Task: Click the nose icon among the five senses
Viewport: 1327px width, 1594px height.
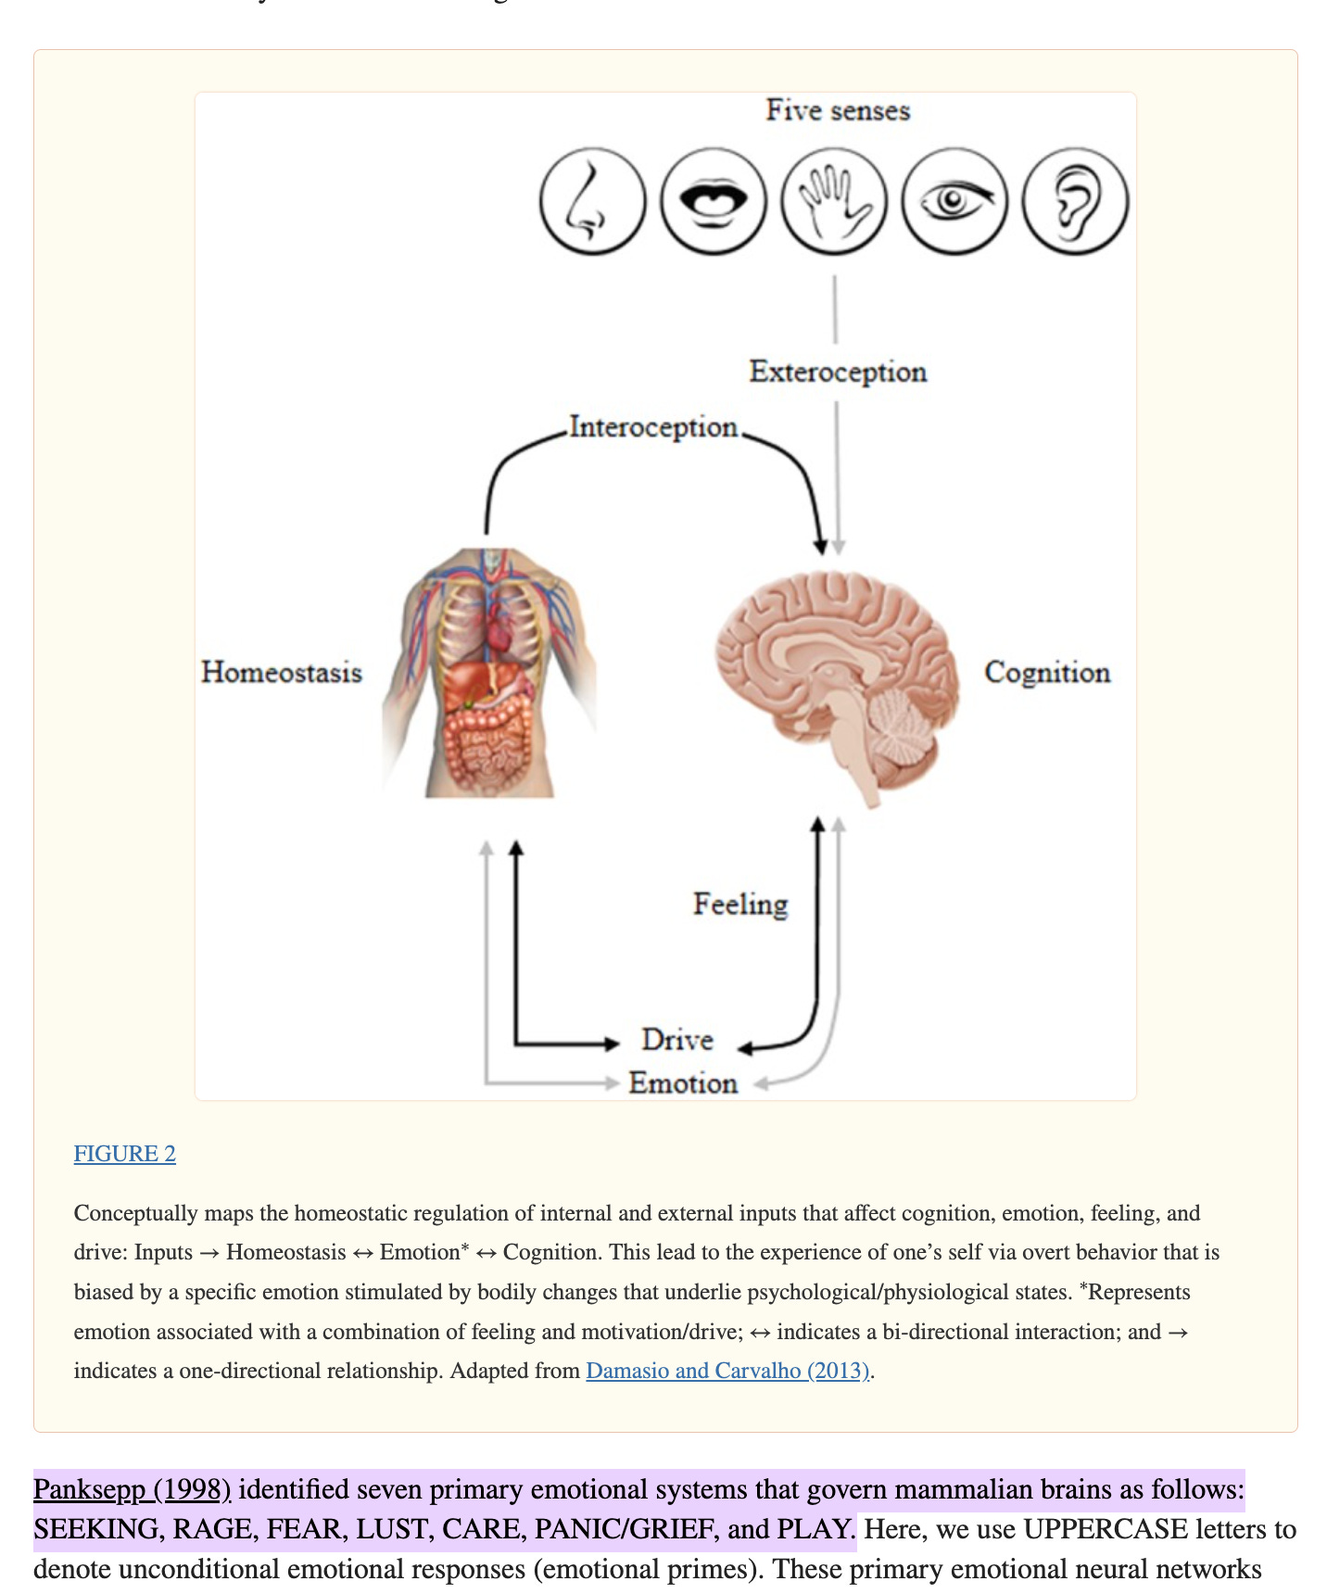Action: click(x=592, y=200)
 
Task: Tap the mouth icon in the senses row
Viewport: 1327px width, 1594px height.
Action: click(x=714, y=200)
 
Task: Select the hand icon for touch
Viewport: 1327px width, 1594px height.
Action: click(x=834, y=200)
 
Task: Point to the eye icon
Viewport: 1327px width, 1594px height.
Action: click(x=954, y=200)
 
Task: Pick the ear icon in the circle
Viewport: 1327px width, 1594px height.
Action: click(x=1075, y=200)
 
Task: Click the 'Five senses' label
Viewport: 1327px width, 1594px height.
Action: click(x=838, y=110)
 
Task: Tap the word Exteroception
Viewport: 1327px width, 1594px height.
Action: click(x=838, y=372)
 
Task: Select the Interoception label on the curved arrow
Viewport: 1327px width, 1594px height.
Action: click(x=653, y=427)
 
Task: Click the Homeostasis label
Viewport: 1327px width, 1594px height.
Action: click(x=282, y=672)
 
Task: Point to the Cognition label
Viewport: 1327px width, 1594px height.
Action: click(x=1047, y=673)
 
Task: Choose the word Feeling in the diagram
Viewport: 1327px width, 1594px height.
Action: click(x=740, y=905)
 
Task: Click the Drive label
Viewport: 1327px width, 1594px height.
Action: click(x=677, y=1040)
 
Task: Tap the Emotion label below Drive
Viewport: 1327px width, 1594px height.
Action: click(x=683, y=1082)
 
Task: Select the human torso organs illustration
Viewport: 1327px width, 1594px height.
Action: click(x=490, y=672)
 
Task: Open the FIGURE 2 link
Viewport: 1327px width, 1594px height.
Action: click(x=125, y=1154)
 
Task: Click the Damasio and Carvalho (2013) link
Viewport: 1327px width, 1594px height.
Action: click(x=728, y=1371)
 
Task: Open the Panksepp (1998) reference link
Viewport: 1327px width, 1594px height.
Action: click(x=132, y=1489)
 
